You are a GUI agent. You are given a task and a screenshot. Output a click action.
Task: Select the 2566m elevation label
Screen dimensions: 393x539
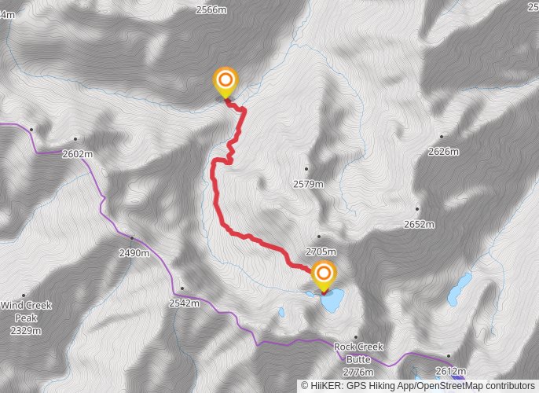point(211,9)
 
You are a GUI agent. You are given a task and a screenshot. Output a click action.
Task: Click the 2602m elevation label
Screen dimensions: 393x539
point(77,154)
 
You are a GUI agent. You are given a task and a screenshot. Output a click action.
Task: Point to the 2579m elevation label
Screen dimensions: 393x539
point(308,184)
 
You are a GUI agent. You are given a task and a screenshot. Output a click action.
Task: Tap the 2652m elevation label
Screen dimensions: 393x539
point(418,224)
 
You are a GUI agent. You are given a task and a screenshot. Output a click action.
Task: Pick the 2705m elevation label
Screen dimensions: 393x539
point(320,252)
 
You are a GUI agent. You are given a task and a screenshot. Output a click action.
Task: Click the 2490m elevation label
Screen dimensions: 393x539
point(133,253)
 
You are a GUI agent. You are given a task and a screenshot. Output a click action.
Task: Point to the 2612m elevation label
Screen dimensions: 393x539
point(450,371)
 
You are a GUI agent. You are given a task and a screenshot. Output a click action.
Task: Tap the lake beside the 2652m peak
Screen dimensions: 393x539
point(458,288)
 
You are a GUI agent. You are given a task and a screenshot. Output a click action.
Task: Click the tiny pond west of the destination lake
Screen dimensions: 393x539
point(281,313)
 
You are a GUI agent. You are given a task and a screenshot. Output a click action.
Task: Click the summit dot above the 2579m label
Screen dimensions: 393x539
point(307,169)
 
